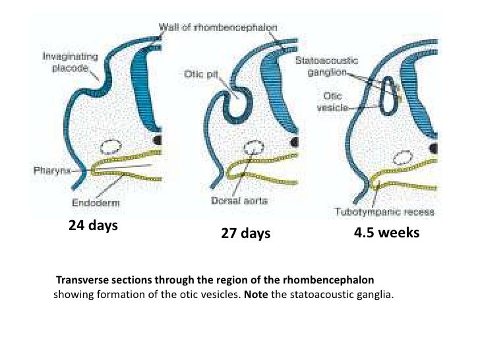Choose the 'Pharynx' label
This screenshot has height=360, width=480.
[x=53, y=169]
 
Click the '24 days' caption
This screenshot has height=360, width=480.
[x=93, y=226]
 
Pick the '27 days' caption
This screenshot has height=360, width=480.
[x=245, y=233]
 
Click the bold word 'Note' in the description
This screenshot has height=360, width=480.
[x=256, y=295]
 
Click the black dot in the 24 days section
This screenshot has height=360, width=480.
[x=158, y=140]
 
